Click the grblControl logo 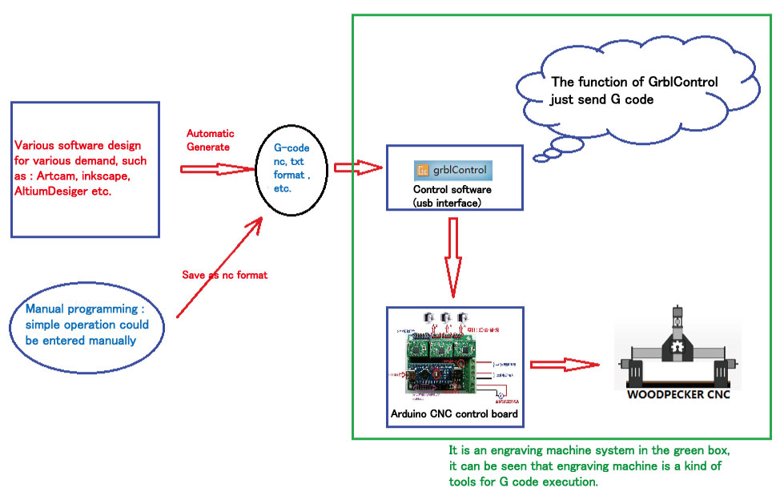[x=453, y=171]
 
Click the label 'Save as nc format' [x=225, y=275]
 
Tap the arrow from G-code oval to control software [x=356, y=167]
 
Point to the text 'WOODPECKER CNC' [x=678, y=394]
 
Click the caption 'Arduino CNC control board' [x=454, y=414]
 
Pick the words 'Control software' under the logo [x=452, y=191]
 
